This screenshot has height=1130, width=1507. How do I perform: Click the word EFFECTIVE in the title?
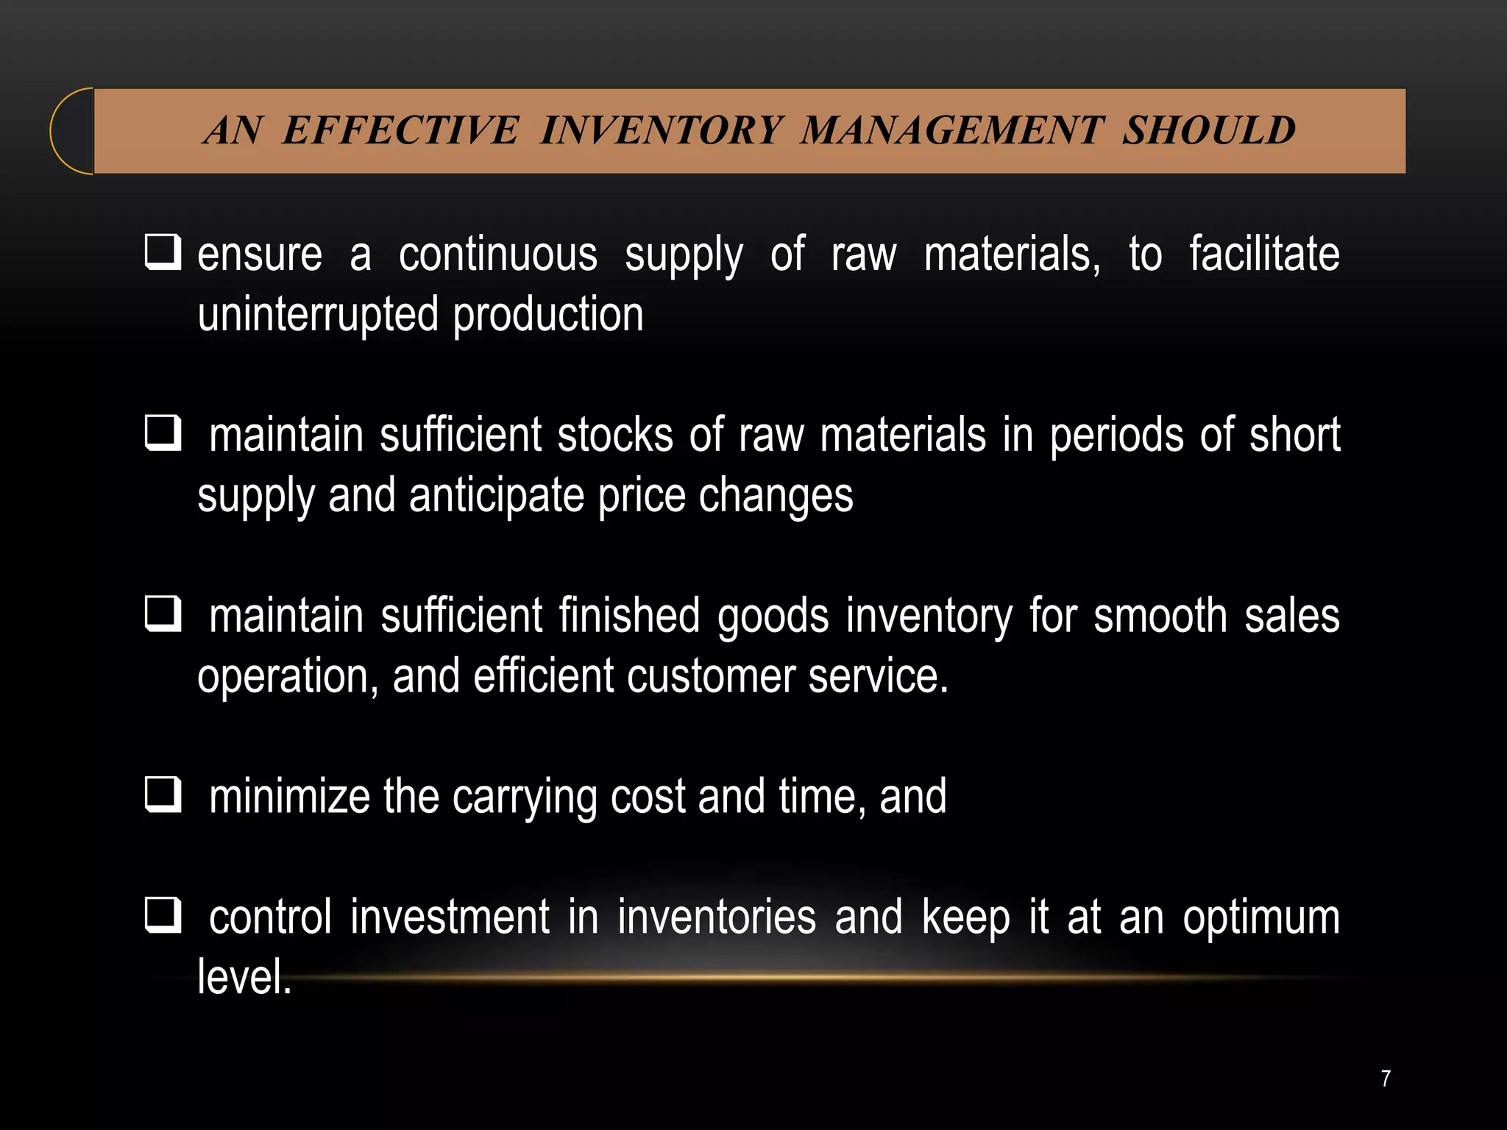click(401, 131)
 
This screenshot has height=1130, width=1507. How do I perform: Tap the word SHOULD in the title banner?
click(1208, 131)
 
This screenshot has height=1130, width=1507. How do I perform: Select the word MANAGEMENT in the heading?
click(953, 131)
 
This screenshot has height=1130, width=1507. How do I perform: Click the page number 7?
click(1386, 1079)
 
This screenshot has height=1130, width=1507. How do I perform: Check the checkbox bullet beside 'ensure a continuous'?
click(163, 252)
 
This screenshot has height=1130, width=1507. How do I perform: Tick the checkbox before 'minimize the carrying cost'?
click(163, 795)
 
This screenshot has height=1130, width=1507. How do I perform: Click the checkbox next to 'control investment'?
click(163, 915)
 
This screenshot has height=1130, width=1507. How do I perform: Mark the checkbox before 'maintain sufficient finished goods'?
click(163, 614)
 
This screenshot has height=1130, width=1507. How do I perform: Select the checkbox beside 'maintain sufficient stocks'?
click(163, 433)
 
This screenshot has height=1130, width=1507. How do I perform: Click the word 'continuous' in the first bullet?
click(498, 255)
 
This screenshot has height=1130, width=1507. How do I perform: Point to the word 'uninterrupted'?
click(318, 315)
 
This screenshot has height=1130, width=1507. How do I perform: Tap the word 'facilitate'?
click(1264, 255)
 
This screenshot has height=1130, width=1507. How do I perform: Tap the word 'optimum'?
click(1261, 918)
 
